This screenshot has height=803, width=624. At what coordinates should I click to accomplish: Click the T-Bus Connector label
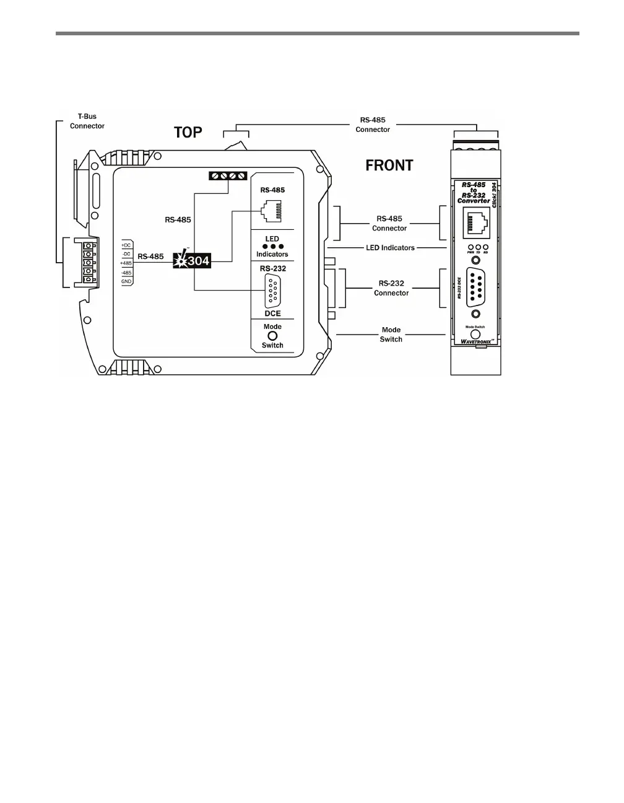pyautogui.click(x=87, y=121)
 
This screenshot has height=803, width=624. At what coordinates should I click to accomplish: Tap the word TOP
pyautogui.click(x=188, y=133)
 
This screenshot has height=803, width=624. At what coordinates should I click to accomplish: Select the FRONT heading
pyautogui.click(x=389, y=165)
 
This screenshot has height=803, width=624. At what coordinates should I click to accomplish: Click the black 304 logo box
pyautogui.click(x=192, y=261)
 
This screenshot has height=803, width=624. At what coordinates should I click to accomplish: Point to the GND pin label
pyautogui.click(x=126, y=281)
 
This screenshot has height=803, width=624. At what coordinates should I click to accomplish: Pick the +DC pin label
pyautogui.click(x=126, y=245)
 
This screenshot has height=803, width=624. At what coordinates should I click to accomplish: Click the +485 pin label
pyautogui.click(x=126, y=263)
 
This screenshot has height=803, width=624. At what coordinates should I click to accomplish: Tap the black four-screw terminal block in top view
pyautogui.click(x=228, y=176)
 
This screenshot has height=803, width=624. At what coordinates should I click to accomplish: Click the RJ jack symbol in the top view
pyautogui.click(x=272, y=213)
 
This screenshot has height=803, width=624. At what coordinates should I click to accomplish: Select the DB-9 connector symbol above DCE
pyautogui.click(x=272, y=291)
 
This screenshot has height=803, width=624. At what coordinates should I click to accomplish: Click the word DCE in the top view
pyautogui.click(x=272, y=314)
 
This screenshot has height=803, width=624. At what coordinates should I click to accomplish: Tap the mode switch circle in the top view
pyautogui.click(x=272, y=336)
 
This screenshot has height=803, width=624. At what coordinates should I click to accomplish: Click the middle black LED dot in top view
pyautogui.click(x=272, y=247)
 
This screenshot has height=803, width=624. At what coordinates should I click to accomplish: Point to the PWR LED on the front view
pyautogui.click(x=470, y=247)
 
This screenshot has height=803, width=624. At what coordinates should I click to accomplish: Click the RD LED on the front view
pyautogui.click(x=486, y=247)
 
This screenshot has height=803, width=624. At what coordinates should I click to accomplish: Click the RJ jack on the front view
pyautogui.click(x=476, y=221)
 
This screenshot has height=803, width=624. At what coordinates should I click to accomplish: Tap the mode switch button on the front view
pyautogui.click(x=475, y=333)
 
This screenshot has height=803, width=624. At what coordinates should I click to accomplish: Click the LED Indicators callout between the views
pyautogui.click(x=389, y=248)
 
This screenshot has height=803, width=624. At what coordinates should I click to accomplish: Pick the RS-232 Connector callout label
pyautogui.click(x=391, y=288)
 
